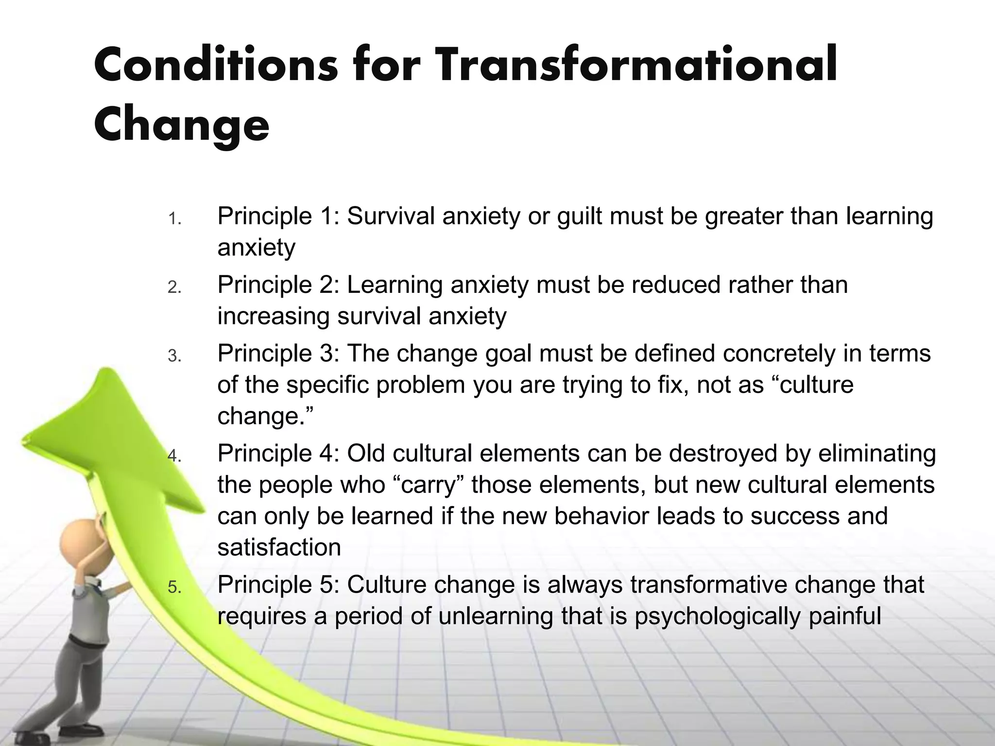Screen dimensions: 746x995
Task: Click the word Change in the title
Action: click(x=181, y=125)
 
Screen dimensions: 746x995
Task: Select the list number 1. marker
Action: click(x=174, y=220)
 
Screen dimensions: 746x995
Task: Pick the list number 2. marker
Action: click(x=174, y=288)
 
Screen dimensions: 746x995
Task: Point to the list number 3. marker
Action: click(x=174, y=356)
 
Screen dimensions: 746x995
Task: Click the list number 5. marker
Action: click(x=174, y=588)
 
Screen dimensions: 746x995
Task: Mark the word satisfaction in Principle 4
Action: click(x=279, y=547)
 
